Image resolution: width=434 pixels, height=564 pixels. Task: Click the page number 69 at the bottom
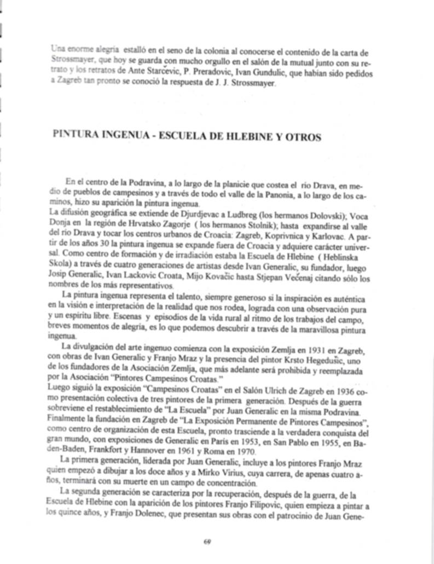coord(207,542)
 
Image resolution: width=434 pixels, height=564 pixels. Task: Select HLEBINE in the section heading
coord(241,137)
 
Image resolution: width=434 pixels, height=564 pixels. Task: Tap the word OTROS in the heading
coord(304,137)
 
